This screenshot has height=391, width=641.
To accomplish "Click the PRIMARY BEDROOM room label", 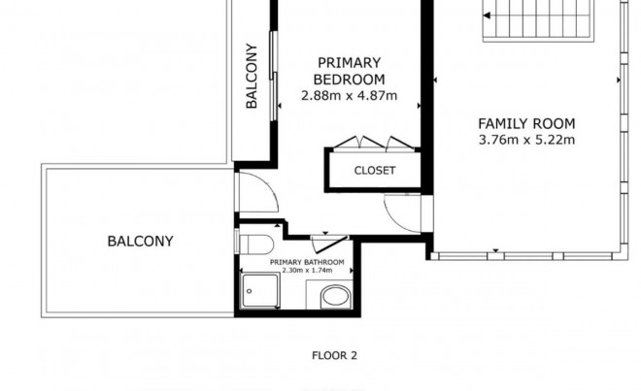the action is click(349, 71).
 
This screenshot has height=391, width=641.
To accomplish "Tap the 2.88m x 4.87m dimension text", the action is click(349, 96).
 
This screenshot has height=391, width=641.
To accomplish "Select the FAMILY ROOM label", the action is click(526, 123).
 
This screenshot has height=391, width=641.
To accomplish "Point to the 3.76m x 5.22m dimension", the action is click(526, 140).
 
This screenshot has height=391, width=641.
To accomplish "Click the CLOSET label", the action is click(375, 171).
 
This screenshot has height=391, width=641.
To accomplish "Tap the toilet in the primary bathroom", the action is click(255, 244).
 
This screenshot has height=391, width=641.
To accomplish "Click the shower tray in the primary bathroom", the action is click(260, 290).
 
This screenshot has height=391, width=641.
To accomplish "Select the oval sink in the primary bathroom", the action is click(336, 297).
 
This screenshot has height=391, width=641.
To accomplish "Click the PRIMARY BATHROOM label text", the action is click(307, 262).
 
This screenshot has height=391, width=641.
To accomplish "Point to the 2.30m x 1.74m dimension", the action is click(307, 271).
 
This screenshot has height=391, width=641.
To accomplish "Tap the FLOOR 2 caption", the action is click(334, 355).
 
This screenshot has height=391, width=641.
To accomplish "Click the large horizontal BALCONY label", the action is click(140, 241).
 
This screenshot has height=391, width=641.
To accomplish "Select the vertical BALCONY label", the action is click(252, 76).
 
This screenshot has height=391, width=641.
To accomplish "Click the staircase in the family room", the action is click(538, 20).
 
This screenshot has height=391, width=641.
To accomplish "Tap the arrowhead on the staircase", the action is click(487, 16).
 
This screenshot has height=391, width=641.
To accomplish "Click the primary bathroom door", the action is click(329, 244).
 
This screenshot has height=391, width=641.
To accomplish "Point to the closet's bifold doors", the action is click(373, 144).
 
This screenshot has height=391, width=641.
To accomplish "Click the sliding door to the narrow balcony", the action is click(274, 76).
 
